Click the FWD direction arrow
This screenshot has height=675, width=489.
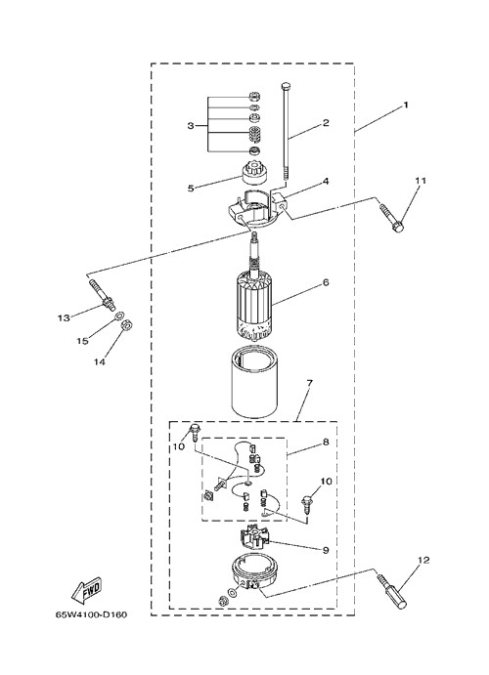(x=87, y=590)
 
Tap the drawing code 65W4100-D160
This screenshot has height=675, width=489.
(x=92, y=614)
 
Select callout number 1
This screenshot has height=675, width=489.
(x=405, y=105)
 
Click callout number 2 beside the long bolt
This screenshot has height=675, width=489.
(x=326, y=123)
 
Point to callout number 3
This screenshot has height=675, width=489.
(x=191, y=126)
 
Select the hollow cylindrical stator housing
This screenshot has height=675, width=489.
(x=255, y=384)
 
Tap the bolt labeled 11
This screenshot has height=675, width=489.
(x=391, y=217)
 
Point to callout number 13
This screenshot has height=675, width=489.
(x=64, y=318)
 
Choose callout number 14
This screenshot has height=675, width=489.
(x=100, y=362)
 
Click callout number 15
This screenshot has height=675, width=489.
(x=83, y=341)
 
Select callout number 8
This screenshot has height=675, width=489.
(x=326, y=442)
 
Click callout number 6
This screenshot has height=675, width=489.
(x=326, y=282)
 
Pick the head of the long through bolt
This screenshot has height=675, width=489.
(x=285, y=86)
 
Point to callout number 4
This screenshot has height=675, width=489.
(x=326, y=182)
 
